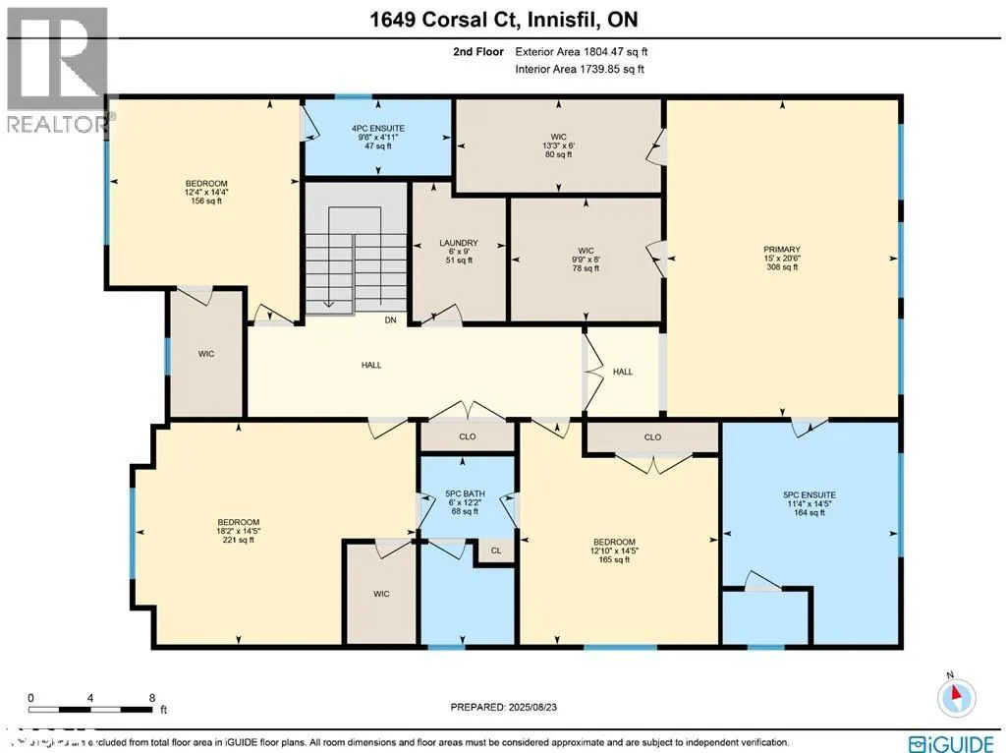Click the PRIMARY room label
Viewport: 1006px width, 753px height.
point(782,250)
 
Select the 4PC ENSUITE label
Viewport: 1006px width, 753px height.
point(378,129)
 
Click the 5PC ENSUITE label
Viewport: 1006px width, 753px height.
point(810,495)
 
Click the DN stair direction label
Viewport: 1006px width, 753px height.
point(390,319)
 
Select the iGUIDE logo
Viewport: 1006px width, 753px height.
point(951,743)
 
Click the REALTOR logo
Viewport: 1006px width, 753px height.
point(56,69)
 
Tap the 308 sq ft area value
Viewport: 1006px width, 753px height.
point(782,266)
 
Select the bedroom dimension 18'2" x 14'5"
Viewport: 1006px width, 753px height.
point(239,531)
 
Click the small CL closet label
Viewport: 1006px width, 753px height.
point(496,551)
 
